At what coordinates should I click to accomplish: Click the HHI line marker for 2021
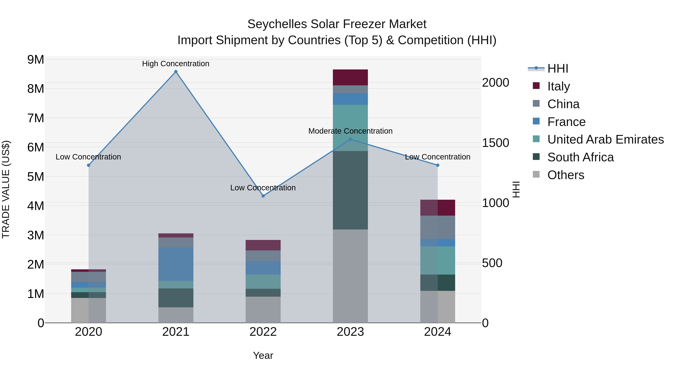[176, 72]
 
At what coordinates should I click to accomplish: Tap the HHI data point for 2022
[263, 196]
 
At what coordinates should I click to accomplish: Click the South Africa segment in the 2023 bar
[350, 190]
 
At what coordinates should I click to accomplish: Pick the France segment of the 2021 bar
[176, 264]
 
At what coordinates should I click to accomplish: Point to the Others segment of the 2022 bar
[263, 310]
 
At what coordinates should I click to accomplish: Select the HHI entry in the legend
[558, 69]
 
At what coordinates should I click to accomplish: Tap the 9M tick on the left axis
[36, 60]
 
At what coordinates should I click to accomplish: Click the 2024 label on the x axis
[438, 332]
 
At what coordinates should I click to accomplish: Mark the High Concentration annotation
[176, 64]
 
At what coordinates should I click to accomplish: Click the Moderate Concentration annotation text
[350, 131]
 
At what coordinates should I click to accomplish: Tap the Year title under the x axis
[263, 355]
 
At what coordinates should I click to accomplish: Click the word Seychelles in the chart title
[277, 24]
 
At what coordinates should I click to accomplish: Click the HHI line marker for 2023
[350, 139]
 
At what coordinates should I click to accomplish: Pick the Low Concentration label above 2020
[88, 157]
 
